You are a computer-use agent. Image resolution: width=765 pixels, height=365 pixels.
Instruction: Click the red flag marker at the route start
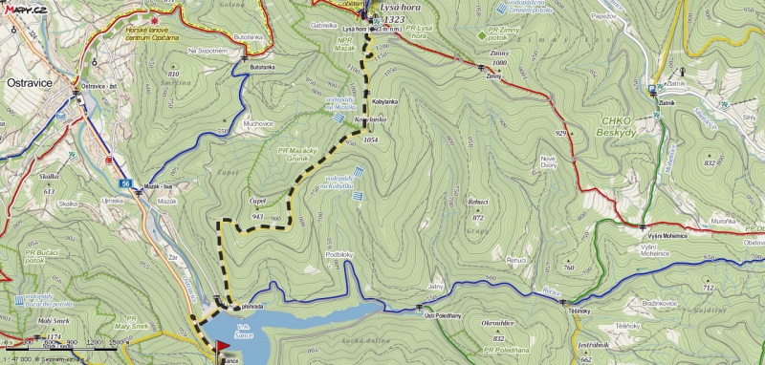[223, 345]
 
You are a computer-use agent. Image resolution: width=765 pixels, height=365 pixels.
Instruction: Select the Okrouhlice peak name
[499, 325]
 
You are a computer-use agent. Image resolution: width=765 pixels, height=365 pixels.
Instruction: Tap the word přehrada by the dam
[251, 308]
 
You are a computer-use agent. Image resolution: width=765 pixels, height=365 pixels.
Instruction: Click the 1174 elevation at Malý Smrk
[54, 337]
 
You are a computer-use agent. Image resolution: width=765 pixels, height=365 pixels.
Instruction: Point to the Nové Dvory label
[549, 161]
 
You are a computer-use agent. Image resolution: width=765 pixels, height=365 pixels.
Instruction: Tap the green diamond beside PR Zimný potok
[481, 35]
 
